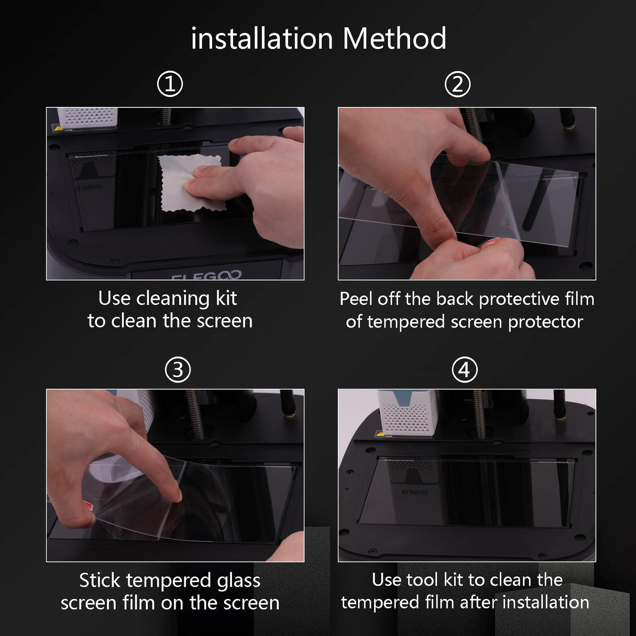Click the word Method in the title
pos(394,39)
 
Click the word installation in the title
pos(262,39)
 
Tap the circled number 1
pos(170,84)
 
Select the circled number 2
pos(457,84)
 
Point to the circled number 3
pos(178,370)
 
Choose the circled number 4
pos(465,370)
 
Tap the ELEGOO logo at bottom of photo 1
pos(206,275)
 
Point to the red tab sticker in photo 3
pos(87,506)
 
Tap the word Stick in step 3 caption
pos(100,580)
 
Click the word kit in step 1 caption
pos(226,299)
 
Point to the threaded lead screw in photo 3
pos(195,414)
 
